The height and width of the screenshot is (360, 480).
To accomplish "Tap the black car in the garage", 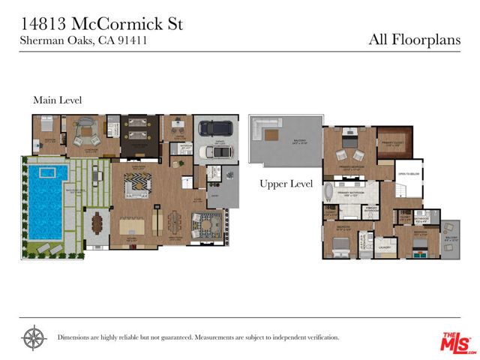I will [x=214, y=128].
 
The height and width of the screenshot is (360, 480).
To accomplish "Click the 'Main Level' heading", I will [x=57, y=100].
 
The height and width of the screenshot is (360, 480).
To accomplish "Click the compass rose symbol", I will [x=34, y=337].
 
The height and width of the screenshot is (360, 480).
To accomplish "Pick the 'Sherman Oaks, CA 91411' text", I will [x=83, y=40].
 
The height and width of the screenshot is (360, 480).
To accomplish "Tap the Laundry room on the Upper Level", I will [x=385, y=245].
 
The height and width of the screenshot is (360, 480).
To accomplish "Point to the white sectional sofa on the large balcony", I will [x=264, y=130].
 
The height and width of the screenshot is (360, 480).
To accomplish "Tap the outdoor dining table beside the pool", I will [x=97, y=223].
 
